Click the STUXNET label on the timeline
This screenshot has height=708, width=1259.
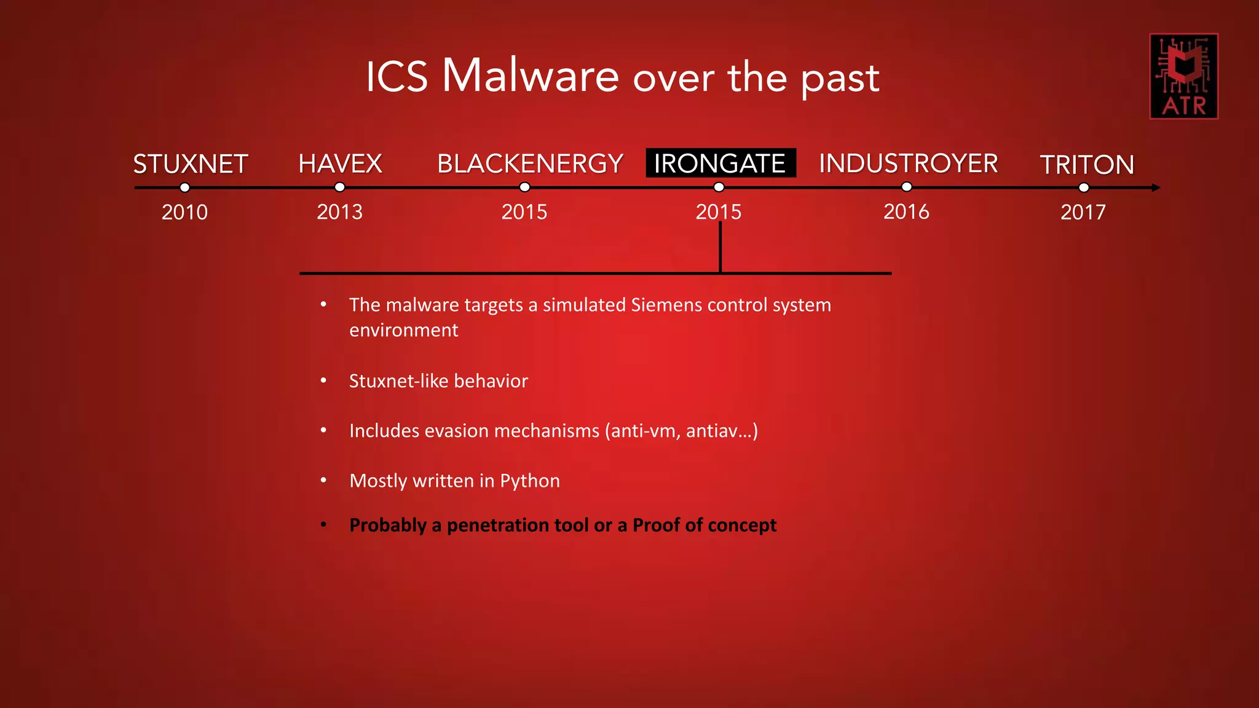point(191,164)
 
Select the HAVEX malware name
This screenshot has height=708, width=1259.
point(340,164)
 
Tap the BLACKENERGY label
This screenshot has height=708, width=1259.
point(530,164)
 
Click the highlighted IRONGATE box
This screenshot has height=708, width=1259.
point(720,163)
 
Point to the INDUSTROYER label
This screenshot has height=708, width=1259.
point(908,163)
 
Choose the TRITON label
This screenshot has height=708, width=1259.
point(1086,165)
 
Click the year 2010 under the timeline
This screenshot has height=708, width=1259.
point(184,212)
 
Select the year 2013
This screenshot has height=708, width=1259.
point(339,212)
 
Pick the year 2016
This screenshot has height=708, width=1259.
point(906,212)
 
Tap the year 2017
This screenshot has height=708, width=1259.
point(1083,212)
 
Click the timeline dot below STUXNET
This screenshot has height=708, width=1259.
point(184,187)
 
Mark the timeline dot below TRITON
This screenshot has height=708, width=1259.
point(1084,187)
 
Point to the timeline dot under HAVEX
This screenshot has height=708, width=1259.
point(339,187)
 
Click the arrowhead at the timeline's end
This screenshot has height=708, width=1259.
point(1156,187)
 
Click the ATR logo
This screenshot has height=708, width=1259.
point(1183,76)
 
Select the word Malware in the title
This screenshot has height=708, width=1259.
point(530,76)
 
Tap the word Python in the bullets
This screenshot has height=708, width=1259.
point(530,481)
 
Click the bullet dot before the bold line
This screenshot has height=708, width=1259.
point(323,525)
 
